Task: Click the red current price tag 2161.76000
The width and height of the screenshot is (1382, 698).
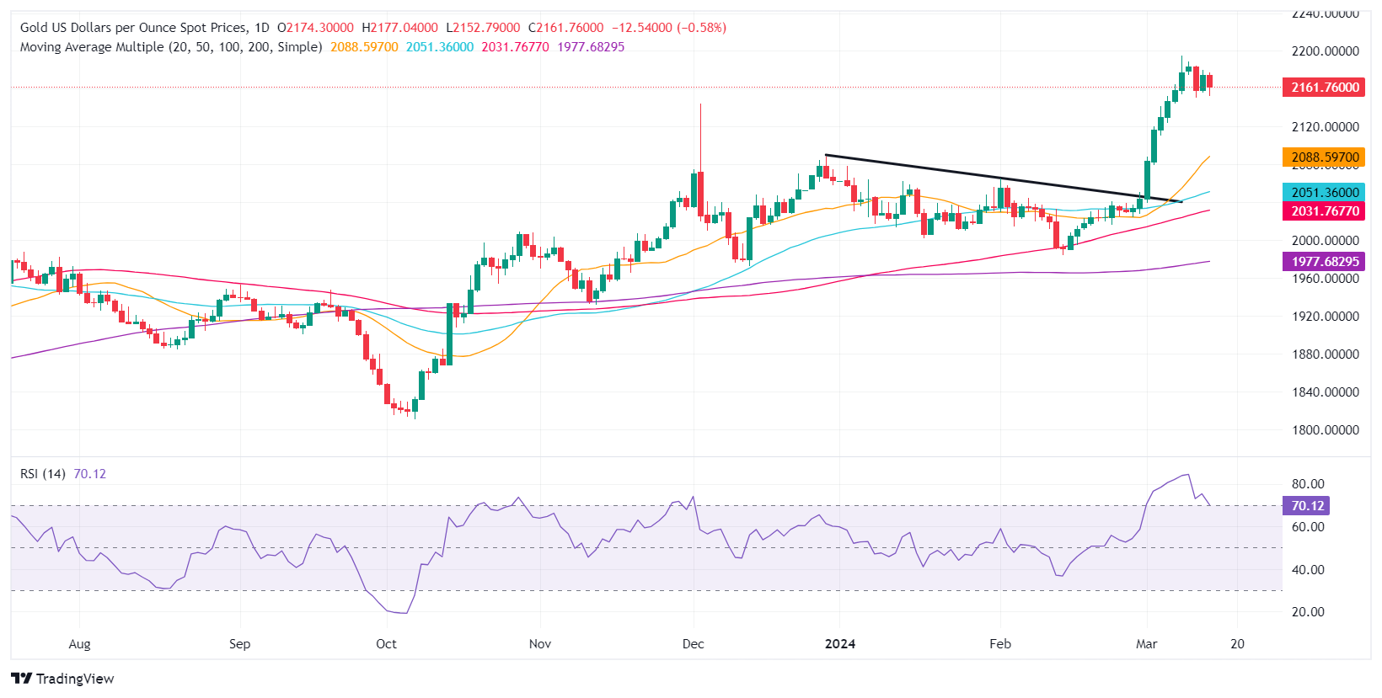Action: click(1324, 88)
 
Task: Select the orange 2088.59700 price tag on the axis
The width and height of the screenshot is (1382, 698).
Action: click(1324, 157)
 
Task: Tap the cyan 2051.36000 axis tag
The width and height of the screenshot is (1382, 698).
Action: click(1324, 193)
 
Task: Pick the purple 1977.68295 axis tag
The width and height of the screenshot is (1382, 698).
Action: click(1324, 262)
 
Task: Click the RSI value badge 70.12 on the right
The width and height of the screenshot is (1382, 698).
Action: click(1306, 506)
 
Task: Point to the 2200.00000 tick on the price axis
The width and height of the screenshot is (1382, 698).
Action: click(1325, 51)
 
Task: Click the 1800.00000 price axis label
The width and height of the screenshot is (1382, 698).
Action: click(1325, 430)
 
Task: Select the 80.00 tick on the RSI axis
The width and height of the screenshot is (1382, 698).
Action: click(1307, 484)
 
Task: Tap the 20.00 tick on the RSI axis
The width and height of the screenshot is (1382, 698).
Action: click(1307, 612)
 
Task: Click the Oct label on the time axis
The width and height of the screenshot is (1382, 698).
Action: click(386, 644)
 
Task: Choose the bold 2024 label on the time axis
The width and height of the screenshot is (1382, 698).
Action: click(839, 644)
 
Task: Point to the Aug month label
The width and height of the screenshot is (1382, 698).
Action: click(79, 644)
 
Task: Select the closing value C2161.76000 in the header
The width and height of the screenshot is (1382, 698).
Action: click(566, 28)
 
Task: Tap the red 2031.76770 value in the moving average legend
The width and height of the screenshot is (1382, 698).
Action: click(515, 47)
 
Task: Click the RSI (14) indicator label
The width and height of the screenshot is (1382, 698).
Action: click(43, 474)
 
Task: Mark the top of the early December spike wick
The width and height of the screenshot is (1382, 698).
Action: click(700, 104)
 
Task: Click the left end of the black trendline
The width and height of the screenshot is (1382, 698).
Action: click(826, 155)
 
